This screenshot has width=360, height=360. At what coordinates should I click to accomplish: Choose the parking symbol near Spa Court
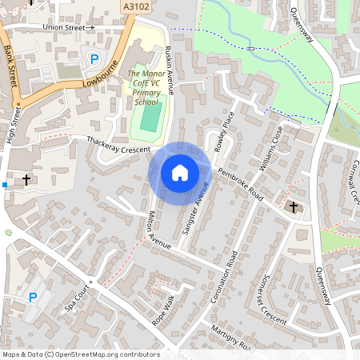click(33, 298)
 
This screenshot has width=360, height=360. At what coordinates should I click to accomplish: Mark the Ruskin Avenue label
click(169, 70)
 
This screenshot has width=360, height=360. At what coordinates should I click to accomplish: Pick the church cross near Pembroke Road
click(293, 208)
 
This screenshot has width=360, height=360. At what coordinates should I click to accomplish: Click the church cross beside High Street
click(28, 180)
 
